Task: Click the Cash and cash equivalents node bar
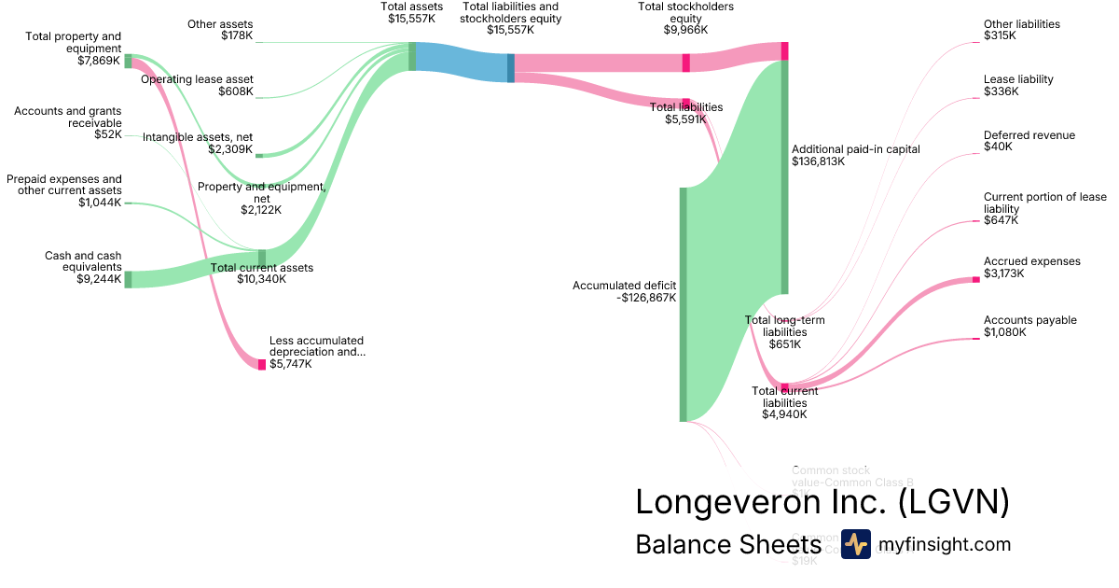(x=128, y=279)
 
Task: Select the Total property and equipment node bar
(x=128, y=62)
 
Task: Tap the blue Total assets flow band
(x=462, y=62)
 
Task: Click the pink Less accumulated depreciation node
(x=262, y=364)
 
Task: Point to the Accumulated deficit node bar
(x=684, y=304)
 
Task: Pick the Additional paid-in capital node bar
(x=785, y=177)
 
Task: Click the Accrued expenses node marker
(x=976, y=279)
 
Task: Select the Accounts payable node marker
(x=976, y=339)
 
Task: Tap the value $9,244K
(x=99, y=279)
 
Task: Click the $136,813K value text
(x=818, y=161)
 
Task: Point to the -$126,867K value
(x=646, y=298)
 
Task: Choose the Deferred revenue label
(x=1029, y=135)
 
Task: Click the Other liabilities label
(x=1021, y=24)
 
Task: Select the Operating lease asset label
(x=197, y=79)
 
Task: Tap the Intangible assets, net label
(x=198, y=137)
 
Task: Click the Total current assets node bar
(x=262, y=258)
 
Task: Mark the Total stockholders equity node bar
(x=686, y=63)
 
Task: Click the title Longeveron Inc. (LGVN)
(x=822, y=502)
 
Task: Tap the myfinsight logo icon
(x=855, y=544)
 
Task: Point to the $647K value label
(x=1001, y=220)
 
